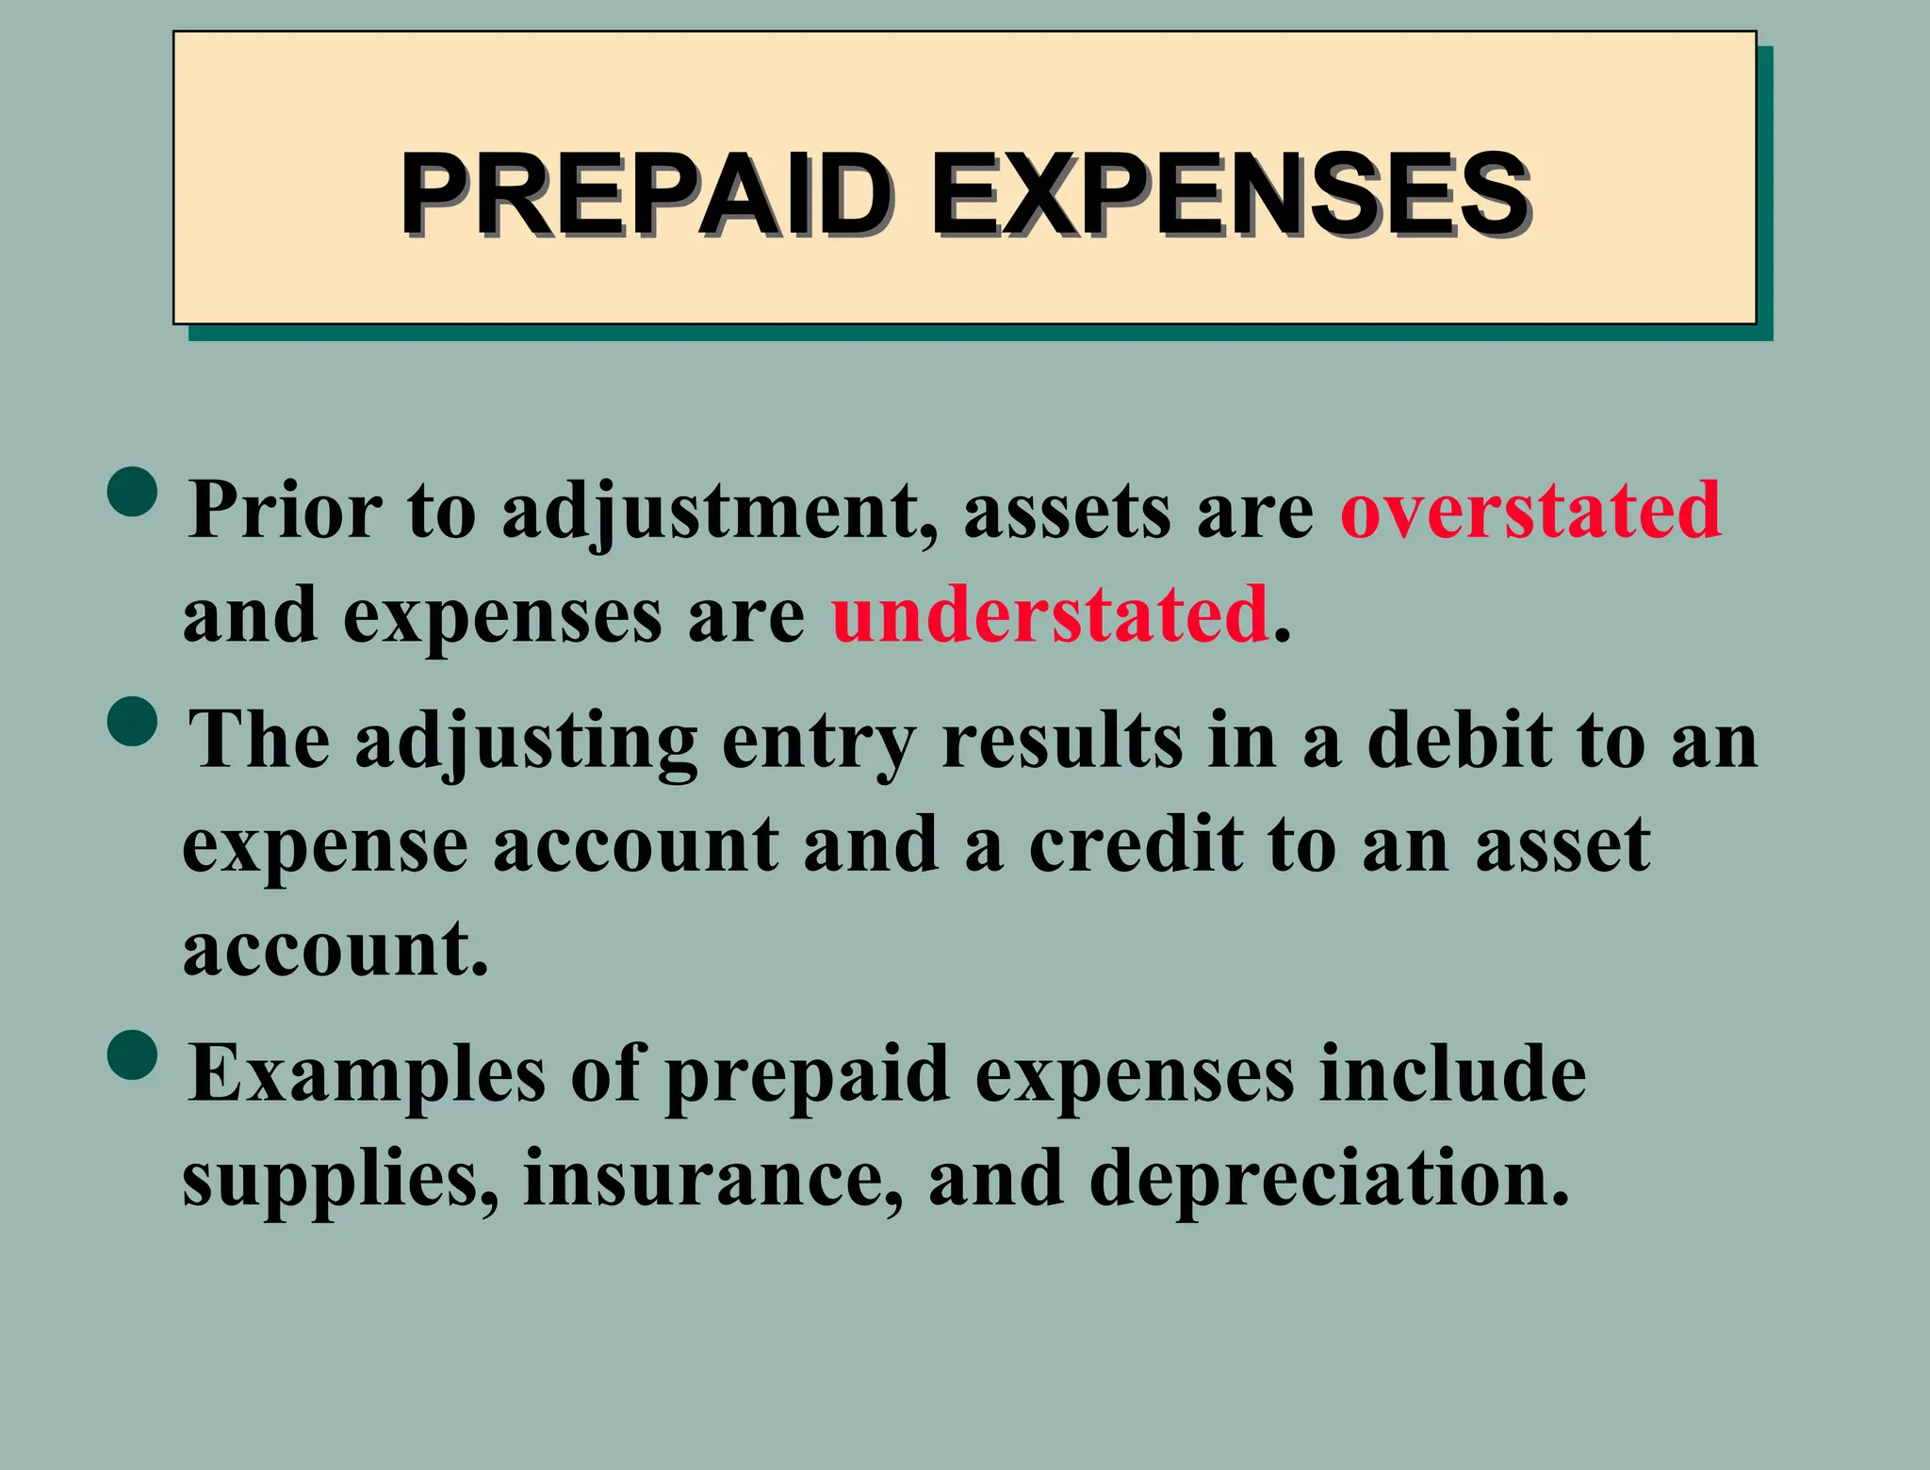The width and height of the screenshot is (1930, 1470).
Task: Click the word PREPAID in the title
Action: click(x=646, y=195)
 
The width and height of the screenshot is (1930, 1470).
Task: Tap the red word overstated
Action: click(x=1530, y=510)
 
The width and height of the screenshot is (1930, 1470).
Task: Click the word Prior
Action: click(x=285, y=510)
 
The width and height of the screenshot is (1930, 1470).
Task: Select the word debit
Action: click(x=1459, y=740)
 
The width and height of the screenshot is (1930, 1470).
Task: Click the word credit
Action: click(x=1136, y=843)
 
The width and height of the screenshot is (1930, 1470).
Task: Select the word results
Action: click(x=1062, y=740)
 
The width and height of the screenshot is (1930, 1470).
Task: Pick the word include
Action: click(x=1452, y=1074)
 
